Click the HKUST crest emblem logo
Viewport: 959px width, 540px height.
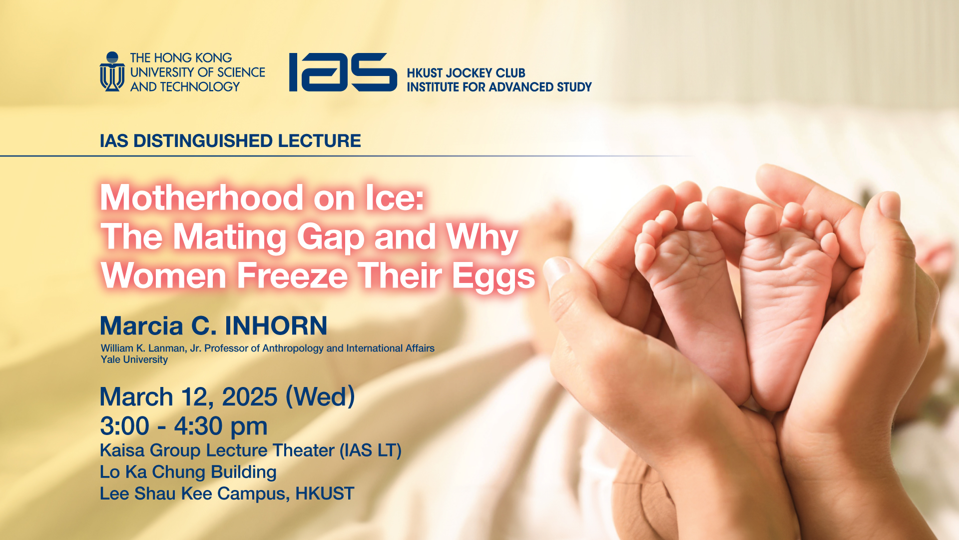click(112, 71)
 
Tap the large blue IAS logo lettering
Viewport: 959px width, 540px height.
click(343, 72)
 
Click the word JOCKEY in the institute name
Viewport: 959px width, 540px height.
click(469, 73)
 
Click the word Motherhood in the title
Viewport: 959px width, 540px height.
click(202, 197)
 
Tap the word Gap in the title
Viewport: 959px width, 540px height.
click(331, 237)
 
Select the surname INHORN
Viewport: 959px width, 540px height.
click(276, 326)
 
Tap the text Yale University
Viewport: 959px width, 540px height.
click(134, 359)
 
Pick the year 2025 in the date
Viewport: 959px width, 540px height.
click(250, 397)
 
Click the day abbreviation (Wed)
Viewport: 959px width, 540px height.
click(320, 397)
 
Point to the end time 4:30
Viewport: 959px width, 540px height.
click(198, 426)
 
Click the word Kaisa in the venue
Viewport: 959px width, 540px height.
click(122, 450)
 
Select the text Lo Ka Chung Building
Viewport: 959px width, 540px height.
click(188, 472)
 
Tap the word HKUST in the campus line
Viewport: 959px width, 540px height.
click(325, 494)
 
